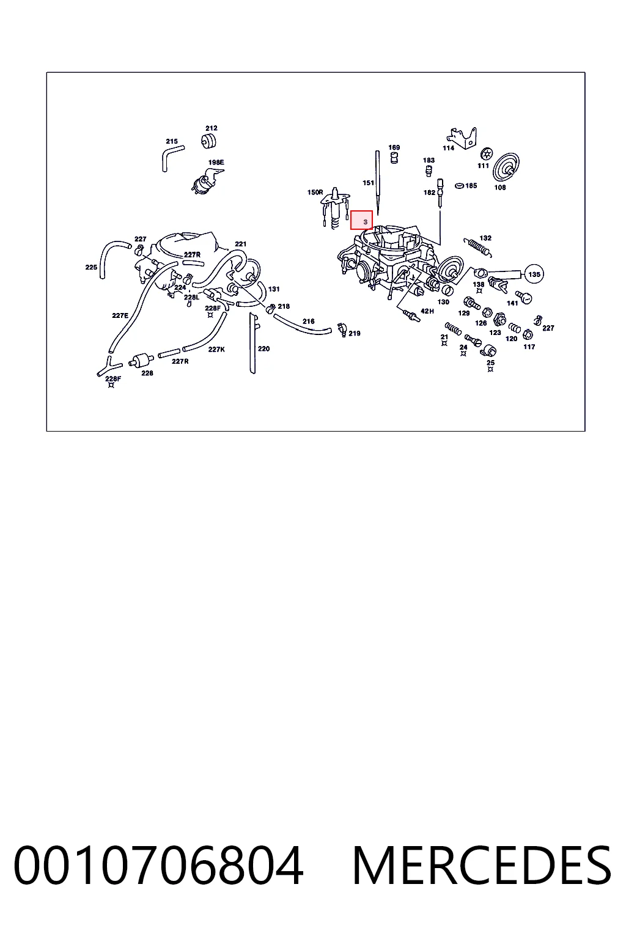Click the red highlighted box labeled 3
361,220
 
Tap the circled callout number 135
534,274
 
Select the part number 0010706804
158,865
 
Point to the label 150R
315,193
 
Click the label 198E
216,162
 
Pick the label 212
212,128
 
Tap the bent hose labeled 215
172,156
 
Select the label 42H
427,311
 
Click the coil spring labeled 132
477,248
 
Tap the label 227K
216,349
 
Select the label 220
263,349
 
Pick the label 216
309,321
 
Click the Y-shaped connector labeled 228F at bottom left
108,366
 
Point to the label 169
394,147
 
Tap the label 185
471,186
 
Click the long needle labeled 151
377,183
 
